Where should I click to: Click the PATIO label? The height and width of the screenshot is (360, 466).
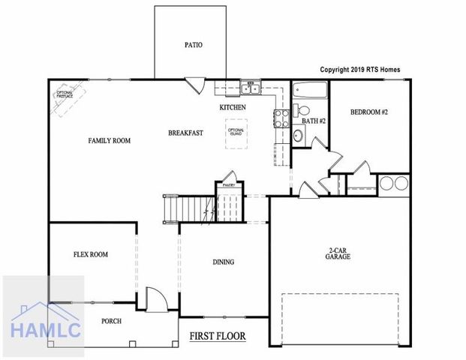pyautogui.click(x=194, y=44)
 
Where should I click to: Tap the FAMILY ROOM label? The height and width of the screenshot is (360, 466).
pyautogui.click(x=110, y=140)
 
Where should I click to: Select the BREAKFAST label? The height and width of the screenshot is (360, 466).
pyautogui.click(x=185, y=133)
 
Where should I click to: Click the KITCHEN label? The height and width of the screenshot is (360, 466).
pyautogui.click(x=233, y=107)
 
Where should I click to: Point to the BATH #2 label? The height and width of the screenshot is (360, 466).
pyautogui.click(x=313, y=120)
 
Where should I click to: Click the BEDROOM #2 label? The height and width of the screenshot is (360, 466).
pyautogui.click(x=368, y=112)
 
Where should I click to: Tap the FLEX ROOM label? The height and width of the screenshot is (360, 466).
pyautogui.click(x=90, y=254)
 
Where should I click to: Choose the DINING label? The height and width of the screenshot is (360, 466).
pyautogui.click(x=223, y=262)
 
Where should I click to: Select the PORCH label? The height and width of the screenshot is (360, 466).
pyautogui.click(x=111, y=321)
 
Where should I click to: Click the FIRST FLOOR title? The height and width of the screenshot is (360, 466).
pyautogui.click(x=218, y=335)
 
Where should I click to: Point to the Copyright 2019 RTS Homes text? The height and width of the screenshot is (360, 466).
pyautogui.click(x=360, y=69)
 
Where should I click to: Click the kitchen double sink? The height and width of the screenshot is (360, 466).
pyautogui.click(x=250, y=90)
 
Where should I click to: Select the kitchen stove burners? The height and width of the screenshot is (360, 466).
pyautogui.click(x=282, y=117)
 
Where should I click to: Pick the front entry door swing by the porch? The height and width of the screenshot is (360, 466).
pyautogui.click(x=155, y=300)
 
